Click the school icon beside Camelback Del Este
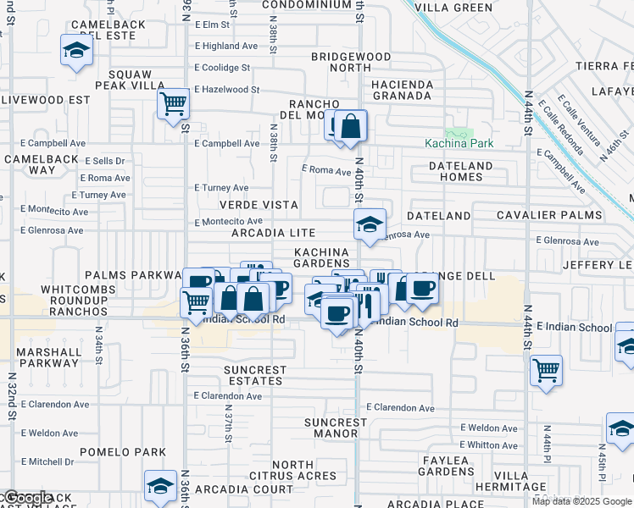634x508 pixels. [76, 51]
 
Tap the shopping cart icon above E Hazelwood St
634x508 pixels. [173, 104]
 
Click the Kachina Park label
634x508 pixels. [459, 144]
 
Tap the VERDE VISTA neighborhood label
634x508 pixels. [259, 205]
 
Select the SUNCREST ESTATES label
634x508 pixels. [254, 376]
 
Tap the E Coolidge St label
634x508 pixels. [222, 68]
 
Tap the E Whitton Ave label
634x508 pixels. [488, 444]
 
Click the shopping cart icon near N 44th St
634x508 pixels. [546, 369]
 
